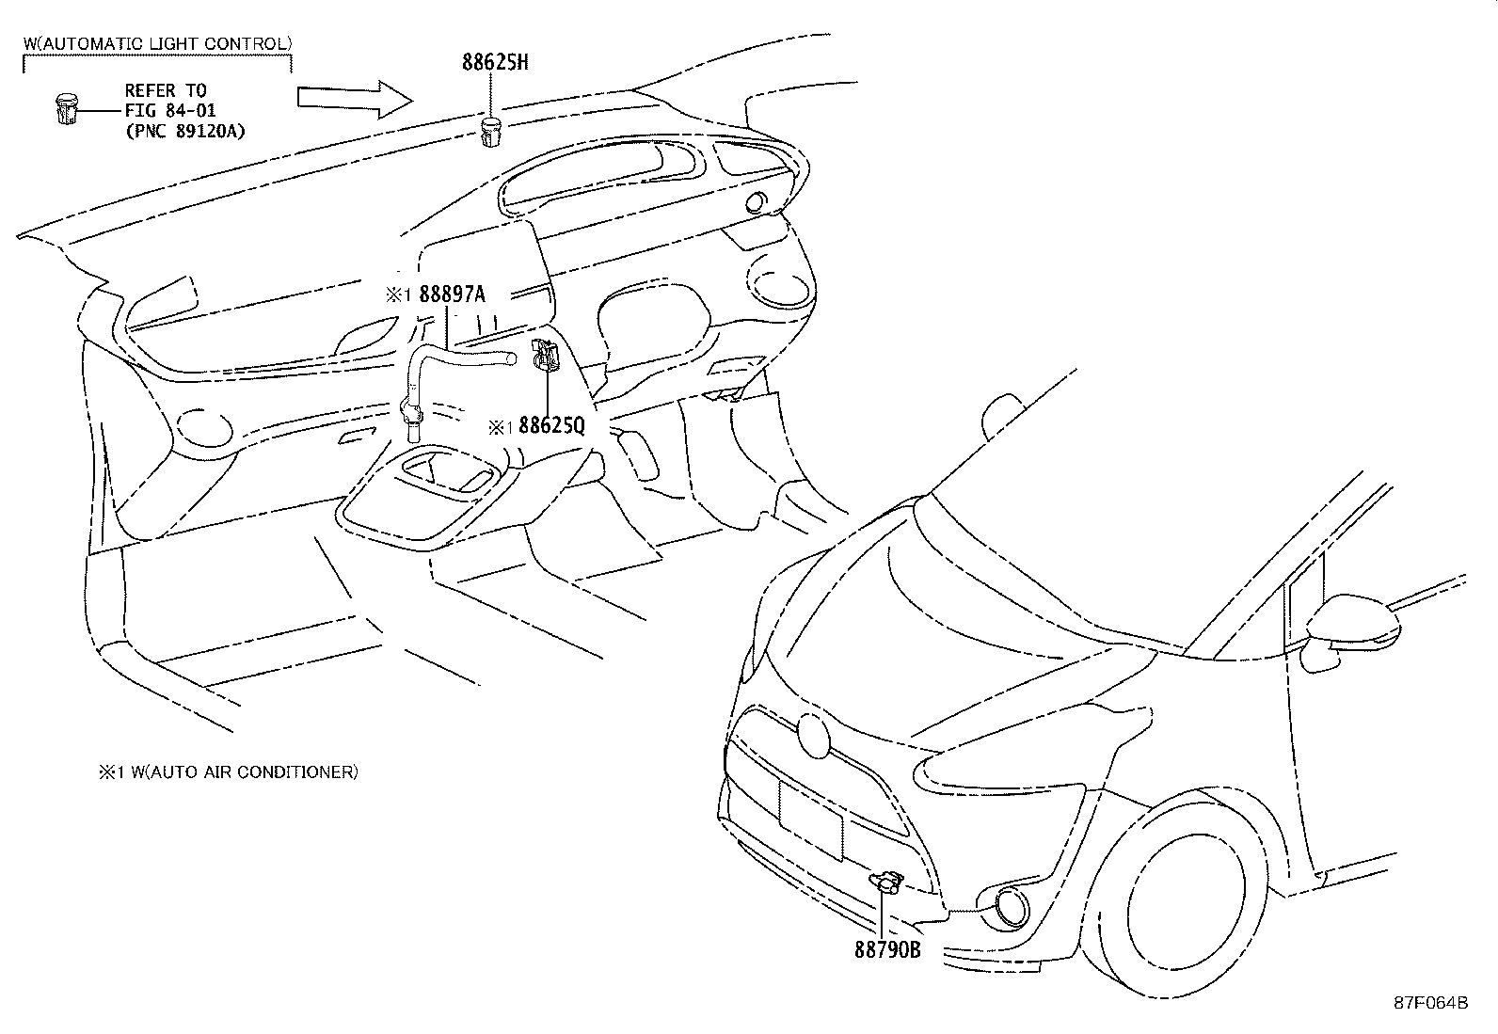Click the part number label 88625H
coord(495,63)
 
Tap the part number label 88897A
coord(452,294)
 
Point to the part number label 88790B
coord(886,949)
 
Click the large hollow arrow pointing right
coord(354,98)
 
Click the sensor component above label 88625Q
coord(546,355)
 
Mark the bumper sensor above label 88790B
coord(885,882)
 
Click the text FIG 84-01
coord(170,111)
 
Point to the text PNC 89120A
coord(184,131)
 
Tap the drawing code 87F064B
coord(1430,1002)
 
